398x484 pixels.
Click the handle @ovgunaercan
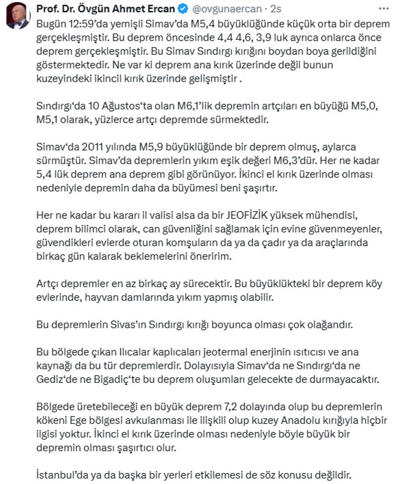[227, 9]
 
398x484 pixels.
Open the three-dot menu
[384, 9]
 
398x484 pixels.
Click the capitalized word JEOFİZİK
[246, 215]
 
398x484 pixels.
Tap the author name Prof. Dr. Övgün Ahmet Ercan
[105, 9]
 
